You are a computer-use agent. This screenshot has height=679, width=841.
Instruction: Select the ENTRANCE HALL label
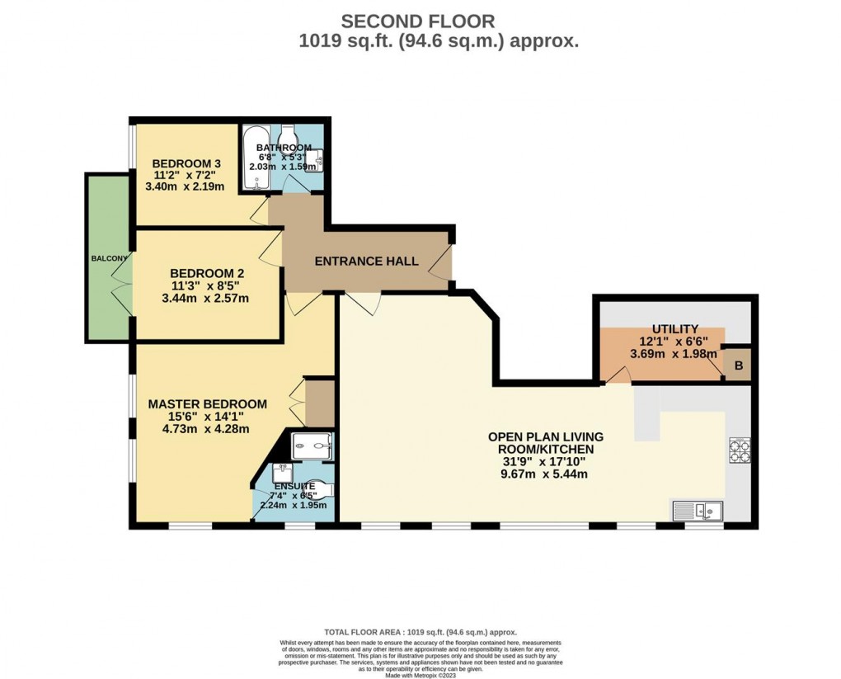(x=367, y=262)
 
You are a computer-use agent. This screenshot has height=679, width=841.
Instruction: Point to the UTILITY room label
(x=674, y=329)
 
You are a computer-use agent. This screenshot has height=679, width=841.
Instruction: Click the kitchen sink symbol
(x=698, y=510)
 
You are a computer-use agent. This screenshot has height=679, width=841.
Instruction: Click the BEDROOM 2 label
(x=207, y=273)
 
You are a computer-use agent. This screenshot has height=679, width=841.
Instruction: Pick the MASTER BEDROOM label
(x=207, y=404)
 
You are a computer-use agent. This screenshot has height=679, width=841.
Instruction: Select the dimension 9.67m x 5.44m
(x=545, y=474)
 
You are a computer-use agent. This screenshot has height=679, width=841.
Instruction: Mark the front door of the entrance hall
(x=444, y=262)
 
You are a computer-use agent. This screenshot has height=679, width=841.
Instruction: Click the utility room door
(x=618, y=376)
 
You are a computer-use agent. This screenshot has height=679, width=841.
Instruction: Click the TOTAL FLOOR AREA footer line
(x=420, y=631)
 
